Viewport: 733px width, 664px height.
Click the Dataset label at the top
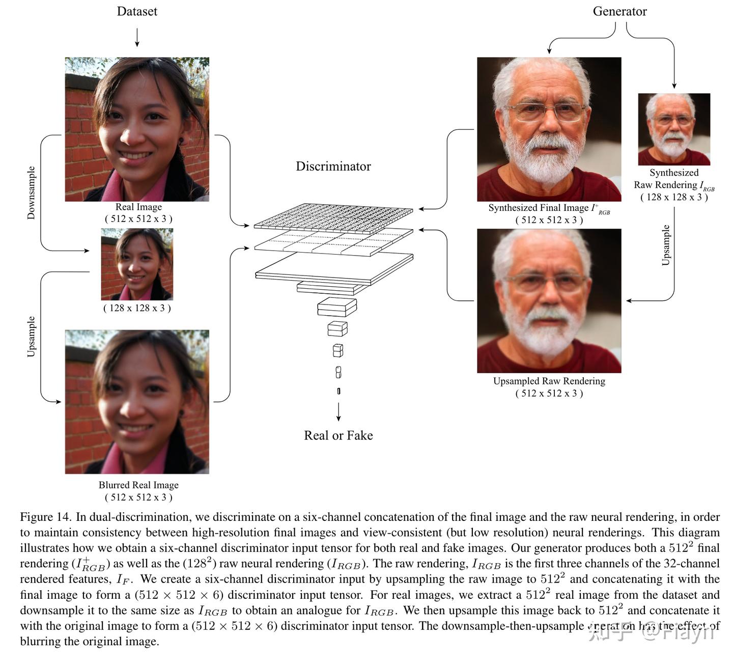click(137, 11)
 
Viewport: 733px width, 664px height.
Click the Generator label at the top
click(619, 11)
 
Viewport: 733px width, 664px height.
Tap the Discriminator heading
click(333, 167)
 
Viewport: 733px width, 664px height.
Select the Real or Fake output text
click(339, 435)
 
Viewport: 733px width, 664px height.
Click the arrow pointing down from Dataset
click(137, 37)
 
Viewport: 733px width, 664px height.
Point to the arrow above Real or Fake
click(339, 411)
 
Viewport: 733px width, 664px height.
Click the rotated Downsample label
click(32, 192)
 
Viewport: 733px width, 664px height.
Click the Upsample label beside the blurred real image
click(32, 337)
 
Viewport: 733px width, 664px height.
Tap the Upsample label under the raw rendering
click(666, 245)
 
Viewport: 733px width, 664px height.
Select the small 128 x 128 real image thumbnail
click(137, 264)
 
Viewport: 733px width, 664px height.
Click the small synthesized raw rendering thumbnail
click(674, 129)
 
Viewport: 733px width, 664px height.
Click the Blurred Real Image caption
click(138, 485)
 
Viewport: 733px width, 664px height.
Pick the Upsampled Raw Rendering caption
click(549, 381)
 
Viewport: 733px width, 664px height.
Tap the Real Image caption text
click(138, 207)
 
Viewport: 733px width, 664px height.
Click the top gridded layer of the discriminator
click(333, 216)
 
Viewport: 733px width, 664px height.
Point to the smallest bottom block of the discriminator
click(339, 391)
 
